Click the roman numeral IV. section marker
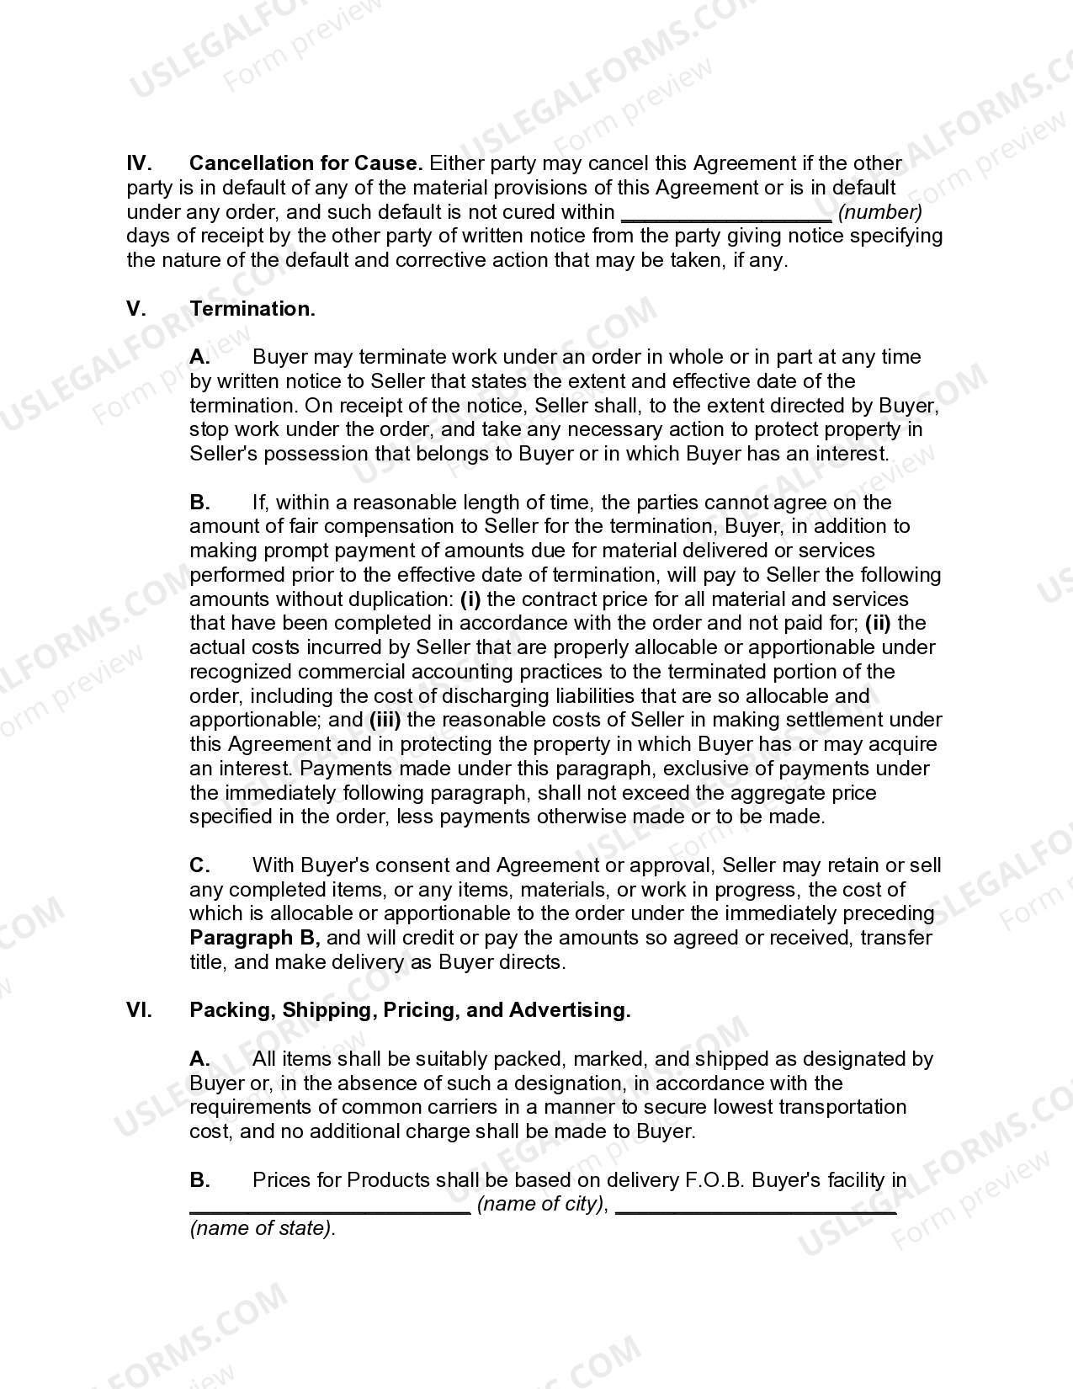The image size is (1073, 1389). [139, 163]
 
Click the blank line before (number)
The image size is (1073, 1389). [725, 213]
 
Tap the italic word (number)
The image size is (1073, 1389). [880, 212]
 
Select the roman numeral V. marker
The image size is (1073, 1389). [136, 309]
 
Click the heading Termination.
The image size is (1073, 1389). [252, 309]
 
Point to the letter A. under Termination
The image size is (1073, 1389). [199, 357]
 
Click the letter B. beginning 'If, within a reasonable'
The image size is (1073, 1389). [199, 503]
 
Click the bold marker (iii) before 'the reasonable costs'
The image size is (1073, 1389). [385, 721]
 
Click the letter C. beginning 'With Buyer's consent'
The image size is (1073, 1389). [199, 865]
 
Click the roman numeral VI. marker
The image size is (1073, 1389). [139, 1010]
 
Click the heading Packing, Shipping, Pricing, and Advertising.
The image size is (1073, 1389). [410, 1010]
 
